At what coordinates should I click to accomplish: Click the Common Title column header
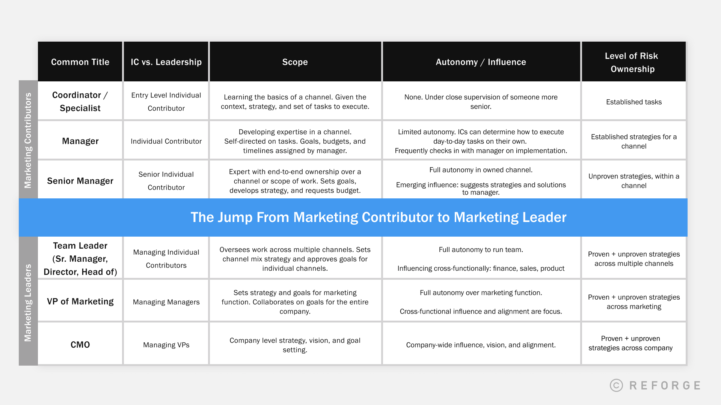click(x=80, y=62)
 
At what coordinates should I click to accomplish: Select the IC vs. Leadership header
click(x=166, y=62)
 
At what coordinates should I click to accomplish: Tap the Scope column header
click(x=295, y=62)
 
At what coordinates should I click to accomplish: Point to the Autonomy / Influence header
click(x=481, y=62)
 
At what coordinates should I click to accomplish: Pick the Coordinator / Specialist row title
click(x=80, y=102)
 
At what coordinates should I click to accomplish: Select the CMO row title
click(x=80, y=345)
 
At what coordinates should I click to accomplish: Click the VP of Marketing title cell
click(x=80, y=301)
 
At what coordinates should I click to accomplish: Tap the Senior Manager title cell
click(x=80, y=181)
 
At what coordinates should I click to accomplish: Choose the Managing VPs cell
click(x=166, y=345)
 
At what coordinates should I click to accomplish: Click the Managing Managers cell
click(x=166, y=302)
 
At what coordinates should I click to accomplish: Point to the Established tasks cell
click(x=634, y=102)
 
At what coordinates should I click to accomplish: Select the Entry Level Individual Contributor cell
click(x=166, y=102)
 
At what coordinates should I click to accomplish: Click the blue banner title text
click(x=378, y=217)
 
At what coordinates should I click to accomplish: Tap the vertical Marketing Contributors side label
click(x=28, y=140)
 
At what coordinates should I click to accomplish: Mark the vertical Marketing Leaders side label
click(x=28, y=303)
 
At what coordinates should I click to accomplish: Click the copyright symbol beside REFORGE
click(x=616, y=385)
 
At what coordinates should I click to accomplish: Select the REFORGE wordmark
click(x=665, y=385)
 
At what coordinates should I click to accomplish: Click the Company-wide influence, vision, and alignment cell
click(x=481, y=345)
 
